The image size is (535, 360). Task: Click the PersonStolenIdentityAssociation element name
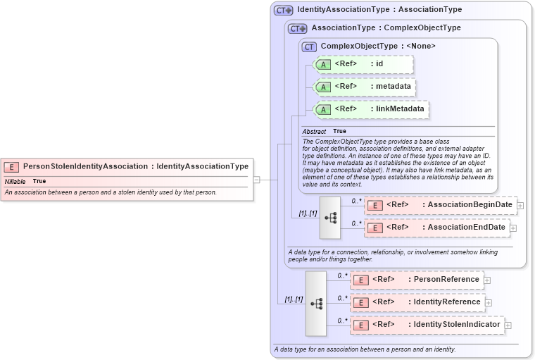click(85, 166)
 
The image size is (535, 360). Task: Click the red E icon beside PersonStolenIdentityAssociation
click(11, 167)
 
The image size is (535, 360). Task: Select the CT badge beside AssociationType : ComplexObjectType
click(298, 28)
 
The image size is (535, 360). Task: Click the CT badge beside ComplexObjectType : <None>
click(309, 46)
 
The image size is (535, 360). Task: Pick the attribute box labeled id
click(363, 64)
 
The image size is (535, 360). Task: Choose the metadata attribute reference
click(365, 87)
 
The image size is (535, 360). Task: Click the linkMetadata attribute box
click(372, 109)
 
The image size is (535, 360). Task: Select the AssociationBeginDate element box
click(441, 205)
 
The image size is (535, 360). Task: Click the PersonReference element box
click(417, 280)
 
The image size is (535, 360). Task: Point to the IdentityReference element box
click(418, 302)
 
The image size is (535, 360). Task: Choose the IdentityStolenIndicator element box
click(428, 325)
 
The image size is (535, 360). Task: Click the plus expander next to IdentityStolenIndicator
click(508, 325)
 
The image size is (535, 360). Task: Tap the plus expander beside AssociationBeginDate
click(521, 206)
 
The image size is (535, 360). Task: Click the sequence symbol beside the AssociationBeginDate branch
click(330, 217)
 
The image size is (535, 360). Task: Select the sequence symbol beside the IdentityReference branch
click(316, 303)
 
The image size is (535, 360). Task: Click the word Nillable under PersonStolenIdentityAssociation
click(15, 181)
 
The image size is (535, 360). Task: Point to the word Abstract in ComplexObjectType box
click(314, 131)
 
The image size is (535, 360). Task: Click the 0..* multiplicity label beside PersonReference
click(342, 275)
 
